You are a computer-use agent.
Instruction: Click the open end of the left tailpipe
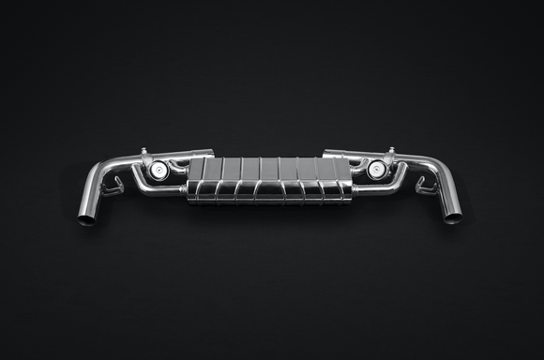pos(86,220)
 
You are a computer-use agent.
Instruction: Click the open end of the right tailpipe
pos(452,218)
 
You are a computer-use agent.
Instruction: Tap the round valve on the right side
pos(377,169)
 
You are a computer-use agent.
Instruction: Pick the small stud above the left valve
pos(144,151)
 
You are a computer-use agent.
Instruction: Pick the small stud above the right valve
pos(390,150)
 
